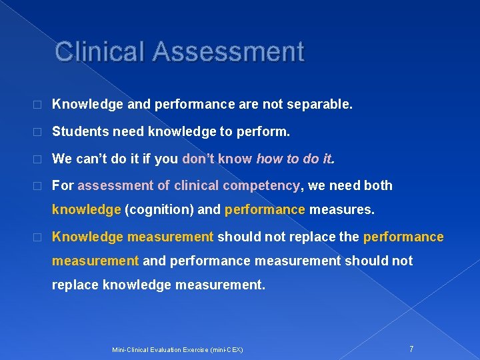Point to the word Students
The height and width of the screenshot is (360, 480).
(80, 132)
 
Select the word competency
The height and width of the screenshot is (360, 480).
(262, 185)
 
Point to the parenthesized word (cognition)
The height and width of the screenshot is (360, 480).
(159, 210)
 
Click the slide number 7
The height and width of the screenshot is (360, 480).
(411, 349)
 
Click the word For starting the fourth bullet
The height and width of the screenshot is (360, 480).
(63, 185)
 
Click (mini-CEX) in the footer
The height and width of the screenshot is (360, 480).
(226, 349)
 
